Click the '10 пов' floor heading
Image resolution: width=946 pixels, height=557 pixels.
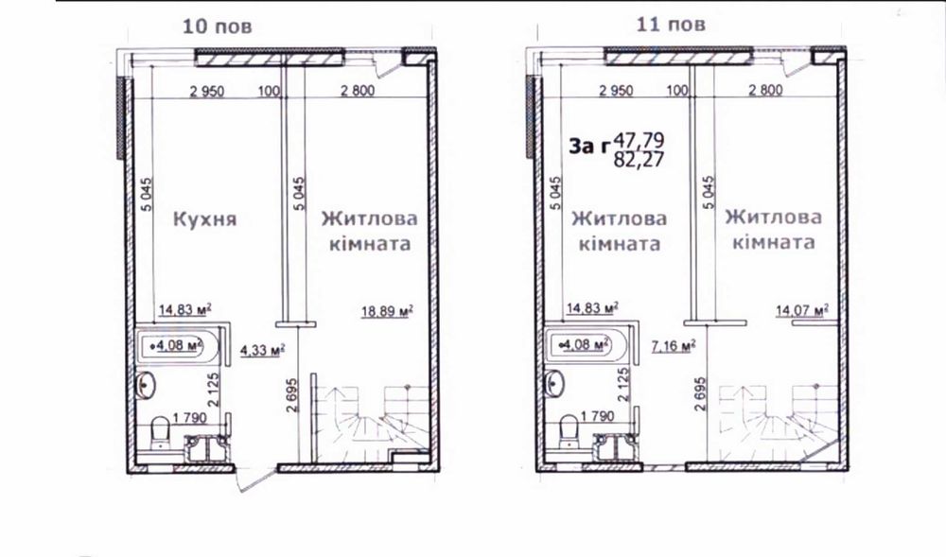pyautogui.click(x=217, y=26)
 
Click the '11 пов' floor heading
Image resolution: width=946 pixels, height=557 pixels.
pyautogui.click(x=671, y=24)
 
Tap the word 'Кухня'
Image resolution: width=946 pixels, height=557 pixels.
pyautogui.click(x=205, y=218)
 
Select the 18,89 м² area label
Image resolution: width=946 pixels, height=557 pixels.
pyautogui.click(x=387, y=311)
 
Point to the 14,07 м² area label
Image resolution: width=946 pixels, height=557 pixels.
pyautogui.click(x=801, y=310)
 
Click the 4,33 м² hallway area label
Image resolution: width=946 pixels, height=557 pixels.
pyautogui.click(x=262, y=350)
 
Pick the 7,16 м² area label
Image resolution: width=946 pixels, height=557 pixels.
pyautogui.click(x=674, y=345)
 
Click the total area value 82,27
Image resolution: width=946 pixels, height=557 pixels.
pyautogui.click(x=639, y=160)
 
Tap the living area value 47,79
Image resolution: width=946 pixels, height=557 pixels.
pyautogui.click(x=639, y=141)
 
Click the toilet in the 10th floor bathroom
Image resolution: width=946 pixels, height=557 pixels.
pyautogui.click(x=160, y=433)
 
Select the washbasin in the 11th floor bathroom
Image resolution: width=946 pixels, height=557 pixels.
pyautogui.click(x=553, y=382)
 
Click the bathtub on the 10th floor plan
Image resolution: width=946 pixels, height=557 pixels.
pyautogui.click(x=176, y=346)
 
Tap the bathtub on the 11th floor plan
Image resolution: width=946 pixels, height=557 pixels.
pyautogui.click(x=585, y=345)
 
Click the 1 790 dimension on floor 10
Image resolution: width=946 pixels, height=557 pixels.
pyautogui.click(x=189, y=418)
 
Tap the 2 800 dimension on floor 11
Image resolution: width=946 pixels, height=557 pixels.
pyautogui.click(x=765, y=91)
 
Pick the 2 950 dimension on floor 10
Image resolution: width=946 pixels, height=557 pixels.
pyautogui.click(x=207, y=92)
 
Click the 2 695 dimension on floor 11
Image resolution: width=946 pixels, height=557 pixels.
pyautogui.click(x=700, y=393)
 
